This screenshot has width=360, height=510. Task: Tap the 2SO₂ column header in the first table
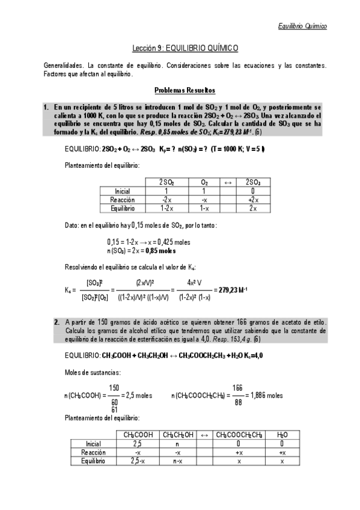coord(166,182)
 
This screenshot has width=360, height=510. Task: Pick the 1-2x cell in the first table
coord(166,208)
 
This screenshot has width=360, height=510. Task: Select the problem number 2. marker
coord(56,322)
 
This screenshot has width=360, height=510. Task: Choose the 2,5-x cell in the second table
coord(138,461)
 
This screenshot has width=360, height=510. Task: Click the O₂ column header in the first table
coord(204,182)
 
